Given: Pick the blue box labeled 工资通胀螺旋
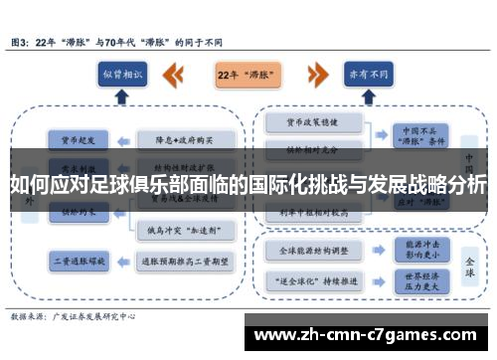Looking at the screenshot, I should pyautogui.click(x=72, y=260).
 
